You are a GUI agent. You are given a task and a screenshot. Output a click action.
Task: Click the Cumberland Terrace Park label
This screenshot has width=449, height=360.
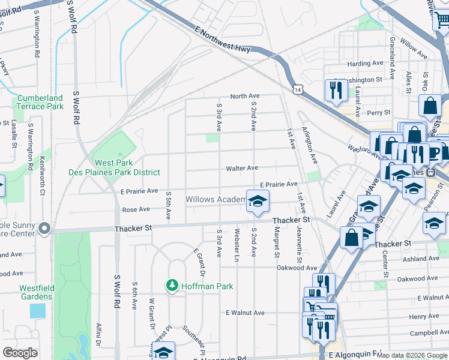[x=40, y=102]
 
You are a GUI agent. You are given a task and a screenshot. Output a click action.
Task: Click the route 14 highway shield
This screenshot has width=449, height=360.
[x=298, y=89]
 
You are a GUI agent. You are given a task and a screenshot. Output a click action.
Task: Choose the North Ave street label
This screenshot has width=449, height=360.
[x=245, y=96]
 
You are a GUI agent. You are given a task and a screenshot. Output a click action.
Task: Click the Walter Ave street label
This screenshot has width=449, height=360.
[x=242, y=169]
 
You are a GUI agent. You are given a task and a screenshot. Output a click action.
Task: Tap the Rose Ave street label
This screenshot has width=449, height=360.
[x=136, y=210]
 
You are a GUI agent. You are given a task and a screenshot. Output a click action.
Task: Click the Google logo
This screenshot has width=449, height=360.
[x=20, y=352]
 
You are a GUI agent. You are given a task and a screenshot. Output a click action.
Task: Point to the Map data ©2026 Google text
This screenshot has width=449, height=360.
[x=412, y=355]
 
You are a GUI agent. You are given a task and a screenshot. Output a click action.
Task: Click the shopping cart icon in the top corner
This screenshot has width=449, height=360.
[x=442, y=19]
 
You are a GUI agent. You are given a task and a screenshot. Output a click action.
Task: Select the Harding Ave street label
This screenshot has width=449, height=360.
[x=365, y=64]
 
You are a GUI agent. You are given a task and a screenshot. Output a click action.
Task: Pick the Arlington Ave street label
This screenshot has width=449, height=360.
[x=310, y=145]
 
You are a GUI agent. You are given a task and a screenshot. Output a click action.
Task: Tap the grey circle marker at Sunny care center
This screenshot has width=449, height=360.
[x=43, y=229]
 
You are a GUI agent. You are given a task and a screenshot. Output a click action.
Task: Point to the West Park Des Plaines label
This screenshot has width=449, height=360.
[x=127, y=167]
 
